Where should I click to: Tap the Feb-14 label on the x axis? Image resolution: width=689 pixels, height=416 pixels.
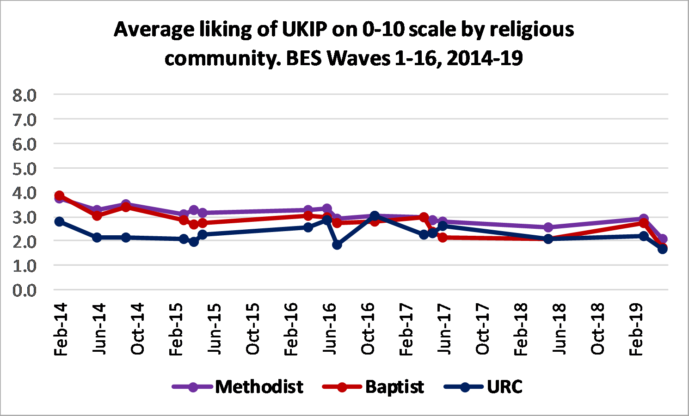click(61, 330)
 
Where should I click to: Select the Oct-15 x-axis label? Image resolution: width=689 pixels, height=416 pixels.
click(252, 330)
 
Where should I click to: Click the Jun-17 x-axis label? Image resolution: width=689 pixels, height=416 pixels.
click(444, 330)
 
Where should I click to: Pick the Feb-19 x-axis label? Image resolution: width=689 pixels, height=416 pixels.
click(636, 330)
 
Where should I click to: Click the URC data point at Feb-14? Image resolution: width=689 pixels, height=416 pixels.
click(59, 222)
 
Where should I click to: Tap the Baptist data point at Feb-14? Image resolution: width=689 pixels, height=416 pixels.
click(59, 196)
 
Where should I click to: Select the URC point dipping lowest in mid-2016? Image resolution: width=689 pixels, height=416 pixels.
click(337, 245)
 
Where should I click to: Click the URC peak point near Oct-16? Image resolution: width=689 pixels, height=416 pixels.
click(375, 216)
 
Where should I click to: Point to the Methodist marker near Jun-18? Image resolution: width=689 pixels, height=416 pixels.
click(548, 227)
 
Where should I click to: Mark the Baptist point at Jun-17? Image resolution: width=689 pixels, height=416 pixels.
click(443, 238)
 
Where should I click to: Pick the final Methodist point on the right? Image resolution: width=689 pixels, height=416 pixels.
click(663, 239)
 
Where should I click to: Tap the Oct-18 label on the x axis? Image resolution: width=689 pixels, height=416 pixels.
click(598, 330)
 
